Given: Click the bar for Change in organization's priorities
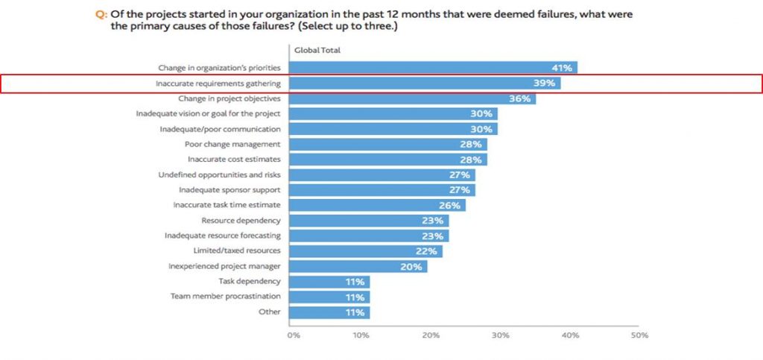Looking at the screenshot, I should tap(432, 68).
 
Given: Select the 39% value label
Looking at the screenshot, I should tap(544, 83).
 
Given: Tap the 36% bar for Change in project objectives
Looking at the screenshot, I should tap(411, 98).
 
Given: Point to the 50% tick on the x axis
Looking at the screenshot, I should tap(639, 335).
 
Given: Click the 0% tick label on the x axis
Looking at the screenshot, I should tap(294, 335).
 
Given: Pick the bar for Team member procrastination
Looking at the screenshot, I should tap(329, 297).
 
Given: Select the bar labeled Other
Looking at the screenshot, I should tap(329, 312).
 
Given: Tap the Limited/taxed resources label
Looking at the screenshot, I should tap(237, 251).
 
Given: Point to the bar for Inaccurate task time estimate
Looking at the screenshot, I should tap(377, 205).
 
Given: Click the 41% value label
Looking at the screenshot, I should tap(561, 68).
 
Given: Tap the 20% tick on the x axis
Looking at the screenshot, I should tap(431, 335).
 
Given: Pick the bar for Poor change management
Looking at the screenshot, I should tap(387, 144).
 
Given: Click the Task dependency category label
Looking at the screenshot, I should tap(250, 282).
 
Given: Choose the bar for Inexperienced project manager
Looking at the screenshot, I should tap(358, 266).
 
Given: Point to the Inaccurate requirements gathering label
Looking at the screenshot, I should tap(218, 83).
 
